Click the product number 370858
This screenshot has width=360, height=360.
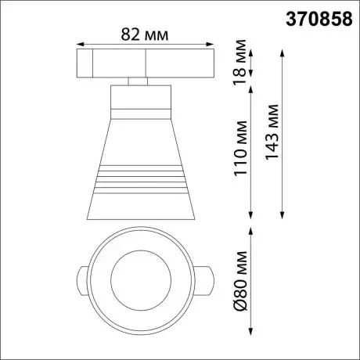pos(319,20)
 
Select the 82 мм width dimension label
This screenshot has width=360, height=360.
pos(145,34)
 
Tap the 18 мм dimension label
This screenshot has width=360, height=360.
pos(240,63)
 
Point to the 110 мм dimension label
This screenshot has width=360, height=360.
pos(240,148)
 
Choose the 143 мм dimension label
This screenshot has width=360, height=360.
pos(272,131)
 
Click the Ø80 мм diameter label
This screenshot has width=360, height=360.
pos(240,281)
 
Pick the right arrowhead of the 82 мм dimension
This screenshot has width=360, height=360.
pos(210,44)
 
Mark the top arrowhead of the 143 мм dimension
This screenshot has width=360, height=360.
pos(282,52)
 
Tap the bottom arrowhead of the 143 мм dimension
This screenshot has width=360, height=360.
pos(282,215)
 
